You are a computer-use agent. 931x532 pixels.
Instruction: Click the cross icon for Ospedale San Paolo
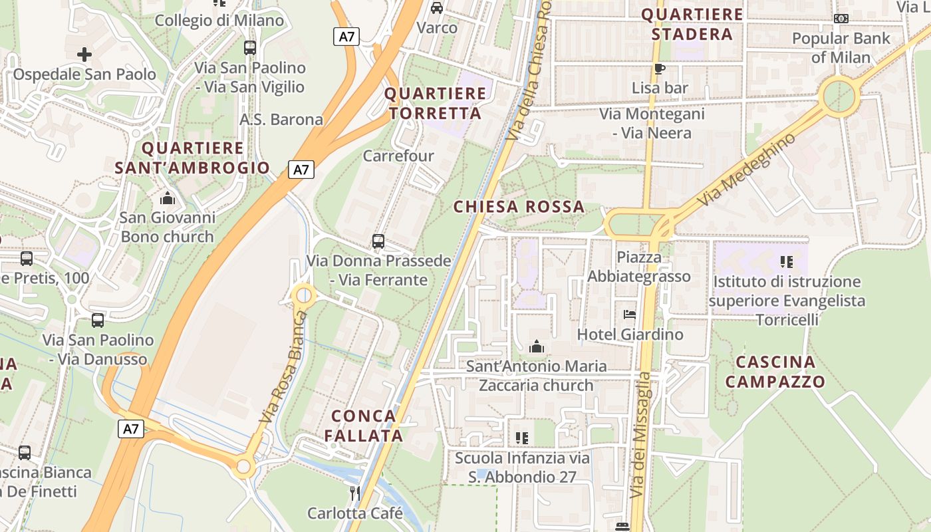[x=84, y=54]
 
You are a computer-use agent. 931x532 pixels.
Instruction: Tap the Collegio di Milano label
[x=219, y=21]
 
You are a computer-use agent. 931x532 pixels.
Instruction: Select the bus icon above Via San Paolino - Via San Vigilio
[x=250, y=48]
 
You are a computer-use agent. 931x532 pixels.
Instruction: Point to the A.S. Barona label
[x=281, y=120]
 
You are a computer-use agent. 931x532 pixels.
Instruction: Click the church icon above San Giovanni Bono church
[x=168, y=198]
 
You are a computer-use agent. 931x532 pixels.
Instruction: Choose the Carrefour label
[x=398, y=156]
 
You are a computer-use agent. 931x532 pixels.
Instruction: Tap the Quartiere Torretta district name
[x=436, y=103]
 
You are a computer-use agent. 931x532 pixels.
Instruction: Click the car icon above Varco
[x=437, y=8]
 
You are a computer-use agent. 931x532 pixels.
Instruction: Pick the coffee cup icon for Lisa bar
[x=660, y=68]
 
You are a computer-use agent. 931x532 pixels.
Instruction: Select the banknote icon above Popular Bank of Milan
[x=841, y=19]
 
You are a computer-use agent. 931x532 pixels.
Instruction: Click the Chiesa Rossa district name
[x=519, y=207]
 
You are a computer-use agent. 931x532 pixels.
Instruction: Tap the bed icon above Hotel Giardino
[x=630, y=314]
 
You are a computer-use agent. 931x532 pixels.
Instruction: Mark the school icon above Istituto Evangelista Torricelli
[x=787, y=262]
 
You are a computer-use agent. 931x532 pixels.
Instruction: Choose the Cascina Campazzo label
[x=775, y=372]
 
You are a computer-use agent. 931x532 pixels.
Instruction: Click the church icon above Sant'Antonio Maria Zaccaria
[x=536, y=346]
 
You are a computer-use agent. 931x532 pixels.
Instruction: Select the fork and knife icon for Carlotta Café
[x=355, y=493]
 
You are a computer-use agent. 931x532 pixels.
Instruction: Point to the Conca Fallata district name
[x=367, y=426]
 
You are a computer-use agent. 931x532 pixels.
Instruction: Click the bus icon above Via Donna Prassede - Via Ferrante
[x=378, y=241]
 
